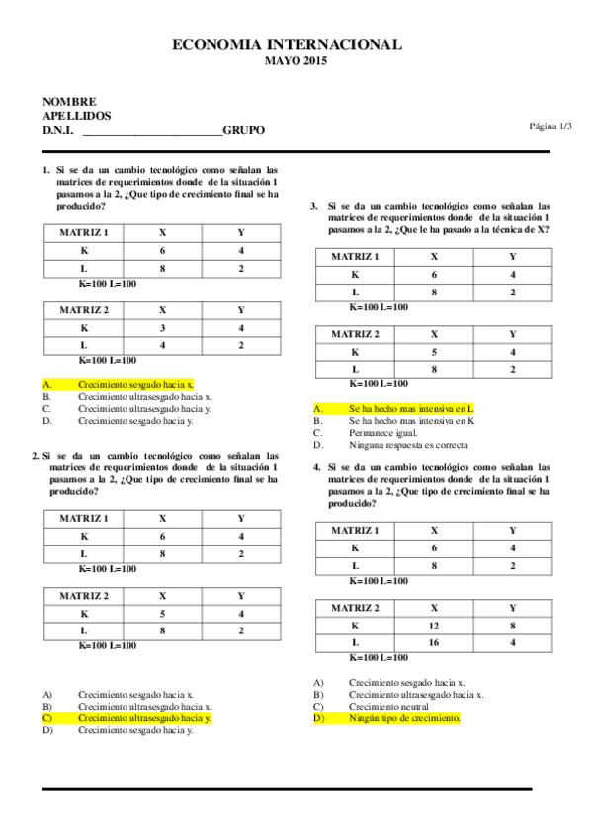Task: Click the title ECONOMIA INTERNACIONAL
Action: (287, 44)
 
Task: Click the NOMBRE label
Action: (69, 101)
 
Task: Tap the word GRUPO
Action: (243, 130)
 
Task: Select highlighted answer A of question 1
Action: (135, 383)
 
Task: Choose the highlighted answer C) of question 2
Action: (144, 718)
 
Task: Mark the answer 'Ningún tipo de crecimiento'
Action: (404, 718)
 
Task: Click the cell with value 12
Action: (433, 627)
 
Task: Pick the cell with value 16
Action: (433, 644)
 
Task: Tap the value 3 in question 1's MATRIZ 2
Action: (162, 327)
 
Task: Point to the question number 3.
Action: (314, 206)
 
